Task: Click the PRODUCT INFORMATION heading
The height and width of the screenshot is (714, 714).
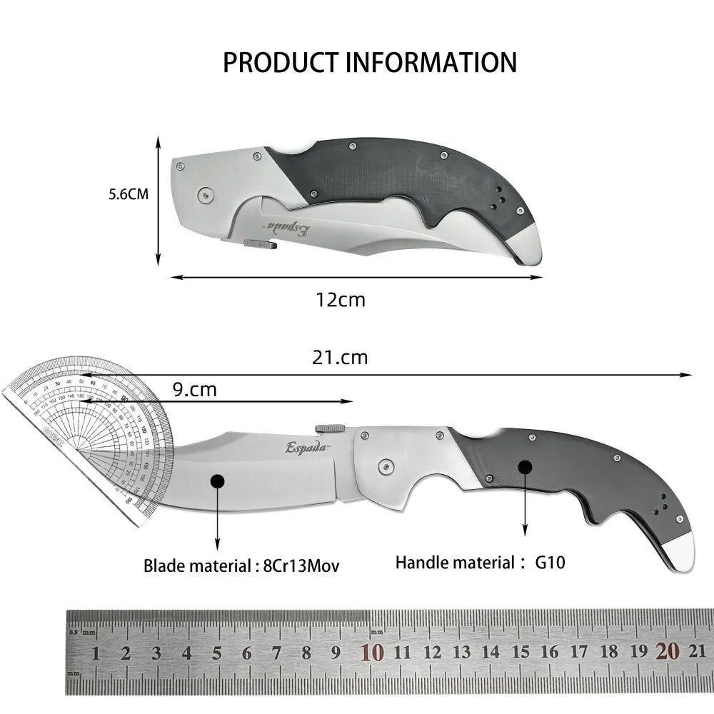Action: click(x=369, y=62)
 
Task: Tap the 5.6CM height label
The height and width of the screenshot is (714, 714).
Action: click(x=129, y=193)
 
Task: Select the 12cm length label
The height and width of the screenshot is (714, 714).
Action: click(x=341, y=299)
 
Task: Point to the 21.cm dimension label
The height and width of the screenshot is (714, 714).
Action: click(x=340, y=357)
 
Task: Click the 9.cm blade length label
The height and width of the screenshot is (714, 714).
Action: click(x=193, y=390)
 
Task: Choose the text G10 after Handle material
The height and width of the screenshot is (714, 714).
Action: click(x=550, y=562)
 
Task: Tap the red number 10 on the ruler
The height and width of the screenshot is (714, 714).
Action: click(x=372, y=651)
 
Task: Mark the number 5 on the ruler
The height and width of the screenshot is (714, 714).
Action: click(x=217, y=652)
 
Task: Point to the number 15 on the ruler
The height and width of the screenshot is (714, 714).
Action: click(x=521, y=651)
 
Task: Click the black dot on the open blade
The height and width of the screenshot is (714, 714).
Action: click(x=217, y=482)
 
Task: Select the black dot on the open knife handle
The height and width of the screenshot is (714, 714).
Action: click(x=525, y=467)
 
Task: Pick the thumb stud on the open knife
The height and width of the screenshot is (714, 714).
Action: click(x=330, y=427)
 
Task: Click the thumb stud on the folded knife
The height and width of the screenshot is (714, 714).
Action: click(x=259, y=244)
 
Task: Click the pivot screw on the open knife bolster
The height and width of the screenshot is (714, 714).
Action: click(x=386, y=466)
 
